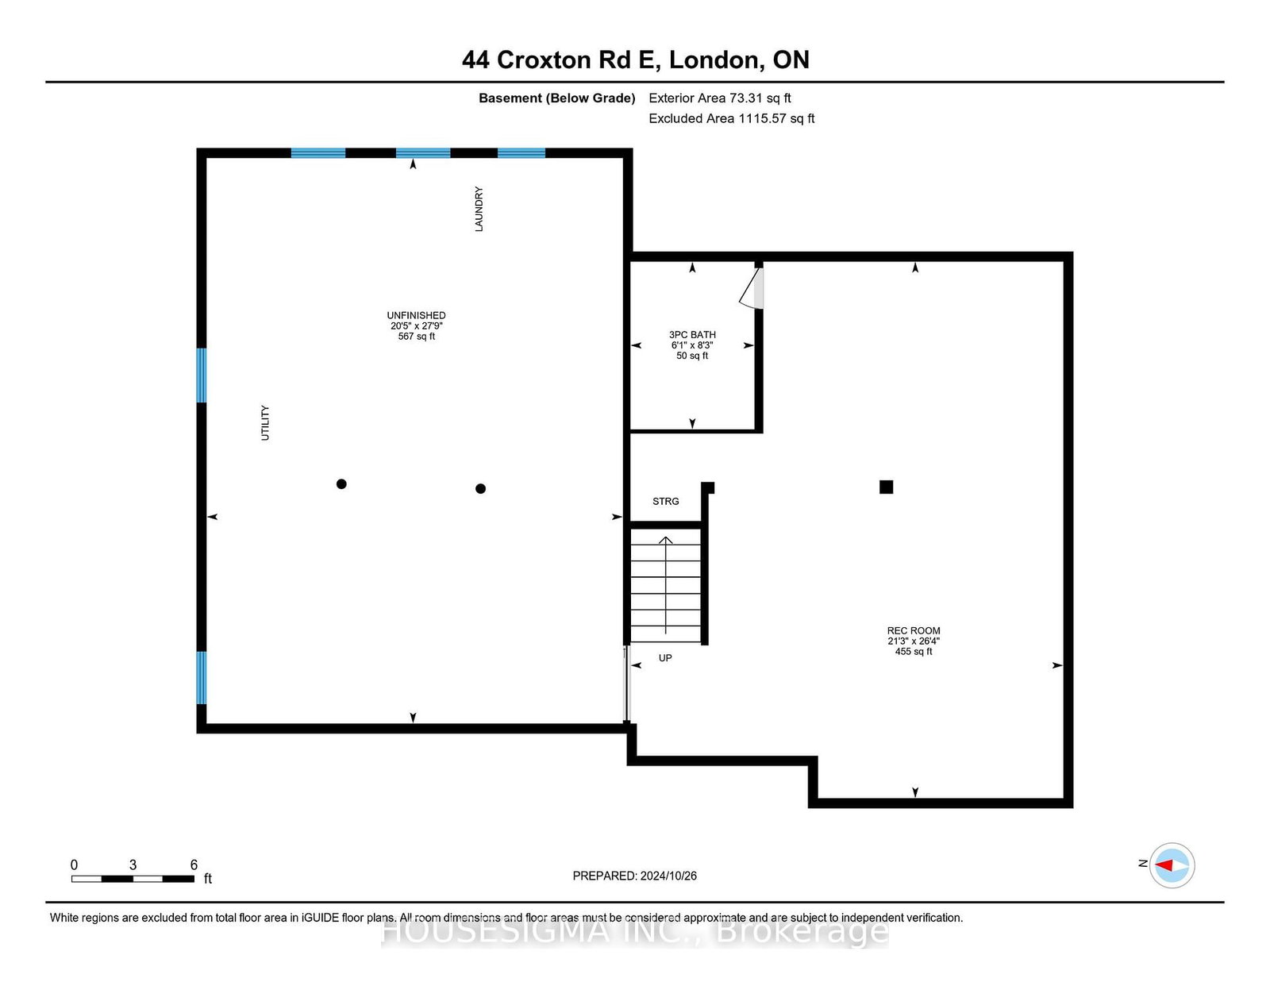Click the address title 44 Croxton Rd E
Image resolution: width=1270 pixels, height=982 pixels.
click(x=561, y=60)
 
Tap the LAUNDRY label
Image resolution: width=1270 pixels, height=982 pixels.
click(x=479, y=209)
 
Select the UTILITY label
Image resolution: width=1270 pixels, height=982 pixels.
click(x=265, y=422)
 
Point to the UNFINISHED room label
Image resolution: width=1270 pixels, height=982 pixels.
click(x=416, y=316)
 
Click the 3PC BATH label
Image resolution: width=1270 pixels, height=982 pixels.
click(x=693, y=335)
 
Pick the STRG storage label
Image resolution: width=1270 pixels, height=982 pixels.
click(x=666, y=502)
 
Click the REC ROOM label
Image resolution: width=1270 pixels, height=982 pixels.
click(x=914, y=630)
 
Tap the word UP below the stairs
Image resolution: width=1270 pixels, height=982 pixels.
click(x=665, y=658)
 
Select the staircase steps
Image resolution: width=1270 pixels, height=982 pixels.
click(x=666, y=585)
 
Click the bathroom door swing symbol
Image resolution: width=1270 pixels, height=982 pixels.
click(x=752, y=287)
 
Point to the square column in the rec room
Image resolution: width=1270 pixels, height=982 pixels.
click(x=886, y=487)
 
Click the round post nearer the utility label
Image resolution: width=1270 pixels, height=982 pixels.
click(x=341, y=484)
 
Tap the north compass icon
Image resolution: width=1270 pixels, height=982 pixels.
click(x=1172, y=865)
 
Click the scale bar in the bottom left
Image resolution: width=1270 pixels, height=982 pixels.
click(x=133, y=879)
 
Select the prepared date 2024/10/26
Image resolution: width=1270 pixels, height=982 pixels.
click(x=668, y=876)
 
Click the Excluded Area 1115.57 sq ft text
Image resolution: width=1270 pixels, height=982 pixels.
click(x=732, y=118)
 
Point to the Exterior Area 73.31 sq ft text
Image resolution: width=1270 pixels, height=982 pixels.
click(x=720, y=98)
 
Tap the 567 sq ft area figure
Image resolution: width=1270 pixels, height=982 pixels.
click(x=416, y=337)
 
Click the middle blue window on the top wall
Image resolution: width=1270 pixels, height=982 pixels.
click(x=423, y=153)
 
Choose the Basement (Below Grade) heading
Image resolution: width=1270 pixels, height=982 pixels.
click(x=557, y=98)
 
